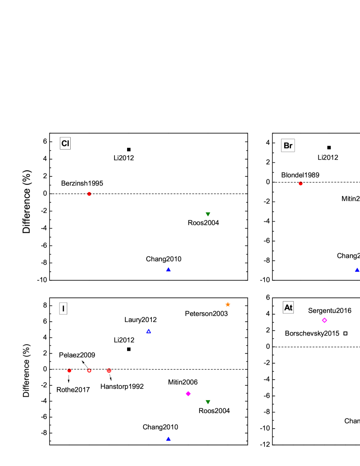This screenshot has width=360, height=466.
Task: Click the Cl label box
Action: click(65, 143)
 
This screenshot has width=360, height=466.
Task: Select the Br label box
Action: click(288, 146)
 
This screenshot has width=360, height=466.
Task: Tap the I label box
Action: click(63, 309)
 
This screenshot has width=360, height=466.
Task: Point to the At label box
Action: click(288, 308)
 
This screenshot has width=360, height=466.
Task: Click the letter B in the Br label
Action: click(286, 146)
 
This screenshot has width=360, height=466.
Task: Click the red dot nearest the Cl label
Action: click(89, 194)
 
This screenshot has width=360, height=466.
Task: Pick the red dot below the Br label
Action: click(301, 183)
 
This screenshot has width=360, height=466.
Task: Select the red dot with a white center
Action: click(89, 371)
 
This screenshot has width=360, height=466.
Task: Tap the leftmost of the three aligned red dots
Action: click(69, 371)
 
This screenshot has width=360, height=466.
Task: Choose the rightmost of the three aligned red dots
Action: click(109, 371)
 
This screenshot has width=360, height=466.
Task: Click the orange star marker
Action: click(228, 304)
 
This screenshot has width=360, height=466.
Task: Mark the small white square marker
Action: click(345, 333)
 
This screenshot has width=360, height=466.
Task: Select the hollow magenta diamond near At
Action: click(324, 320)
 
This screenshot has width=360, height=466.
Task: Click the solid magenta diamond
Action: click(188, 394)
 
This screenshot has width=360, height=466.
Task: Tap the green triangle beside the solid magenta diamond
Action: click(208, 402)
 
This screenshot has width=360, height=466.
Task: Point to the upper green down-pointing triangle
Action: click(208, 214)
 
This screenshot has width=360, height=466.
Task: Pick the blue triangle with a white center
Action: click(149, 331)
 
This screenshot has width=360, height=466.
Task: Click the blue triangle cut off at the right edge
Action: click(357, 270)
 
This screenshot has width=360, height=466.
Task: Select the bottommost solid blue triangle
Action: click(168, 439)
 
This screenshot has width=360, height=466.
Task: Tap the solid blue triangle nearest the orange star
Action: click(168, 270)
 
